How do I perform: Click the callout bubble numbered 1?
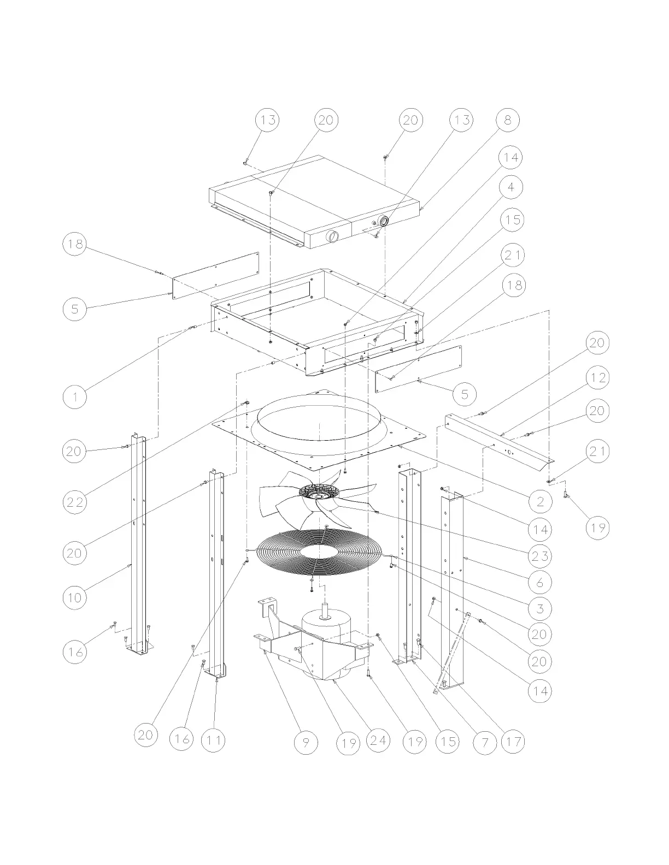pos(75,397)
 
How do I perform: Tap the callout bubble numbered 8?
pos(508,120)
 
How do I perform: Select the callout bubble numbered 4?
pos(511,187)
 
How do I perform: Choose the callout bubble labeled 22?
pos(75,502)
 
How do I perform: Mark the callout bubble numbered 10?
pos(75,597)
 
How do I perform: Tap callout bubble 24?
pos(378,740)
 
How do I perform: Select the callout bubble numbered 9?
pos(306,742)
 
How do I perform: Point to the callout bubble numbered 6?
pos(540,582)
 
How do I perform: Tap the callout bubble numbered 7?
pos(485,742)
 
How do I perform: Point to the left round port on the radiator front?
pos(332,236)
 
